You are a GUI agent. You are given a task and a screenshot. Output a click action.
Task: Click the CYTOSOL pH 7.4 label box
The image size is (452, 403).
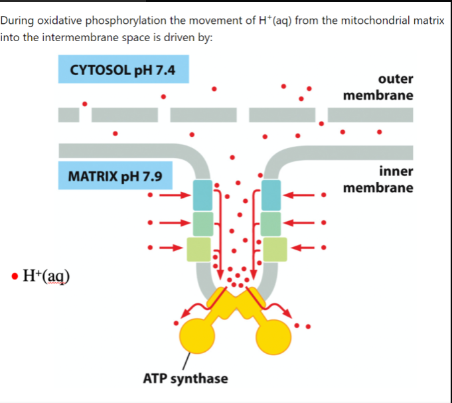click(x=123, y=69)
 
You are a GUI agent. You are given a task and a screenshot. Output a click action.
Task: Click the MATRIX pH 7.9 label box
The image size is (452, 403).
click(x=115, y=177)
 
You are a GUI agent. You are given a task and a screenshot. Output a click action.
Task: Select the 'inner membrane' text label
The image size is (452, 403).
click(x=378, y=179)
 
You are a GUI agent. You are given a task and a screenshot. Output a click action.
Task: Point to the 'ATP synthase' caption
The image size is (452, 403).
click(x=185, y=378)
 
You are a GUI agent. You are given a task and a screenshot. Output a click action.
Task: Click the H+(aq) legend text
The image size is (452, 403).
click(x=46, y=274)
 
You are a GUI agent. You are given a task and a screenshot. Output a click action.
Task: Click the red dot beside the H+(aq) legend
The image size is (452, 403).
click(x=15, y=274)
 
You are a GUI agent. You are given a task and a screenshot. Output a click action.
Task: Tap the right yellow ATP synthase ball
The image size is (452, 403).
click(x=275, y=336)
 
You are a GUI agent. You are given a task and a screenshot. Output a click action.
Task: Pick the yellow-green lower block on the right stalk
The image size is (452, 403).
click(x=275, y=249)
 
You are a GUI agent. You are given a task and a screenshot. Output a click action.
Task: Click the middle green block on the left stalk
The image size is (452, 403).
click(x=202, y=222)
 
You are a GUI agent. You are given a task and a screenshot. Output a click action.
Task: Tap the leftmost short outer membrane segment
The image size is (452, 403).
click(x=68, y=114)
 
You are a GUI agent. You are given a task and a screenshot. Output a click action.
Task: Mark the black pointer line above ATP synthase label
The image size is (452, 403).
click(x=188, y=362)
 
